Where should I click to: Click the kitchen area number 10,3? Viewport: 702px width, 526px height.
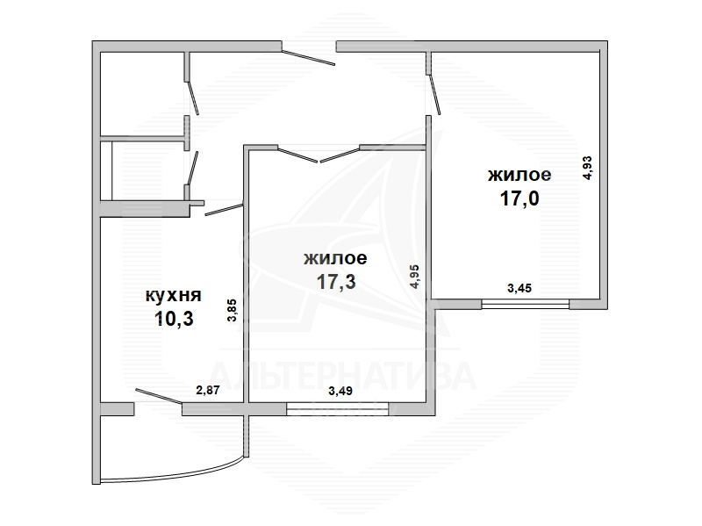[174, 319]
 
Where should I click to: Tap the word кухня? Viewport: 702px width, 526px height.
[173, 296]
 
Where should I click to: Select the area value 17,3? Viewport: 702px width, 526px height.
[336, 282]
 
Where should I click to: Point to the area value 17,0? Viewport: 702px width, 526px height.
[519, 198]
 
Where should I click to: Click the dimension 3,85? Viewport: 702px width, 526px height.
[232, 311]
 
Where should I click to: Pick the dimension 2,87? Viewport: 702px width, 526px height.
[208, 390]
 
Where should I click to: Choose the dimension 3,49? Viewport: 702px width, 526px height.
[340, 391]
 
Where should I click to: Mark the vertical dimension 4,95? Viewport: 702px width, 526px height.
[414, 277]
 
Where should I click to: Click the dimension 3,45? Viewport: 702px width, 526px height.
[519, 288]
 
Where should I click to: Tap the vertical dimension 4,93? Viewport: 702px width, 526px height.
[587, 168]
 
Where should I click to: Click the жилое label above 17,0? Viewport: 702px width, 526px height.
[519, 175]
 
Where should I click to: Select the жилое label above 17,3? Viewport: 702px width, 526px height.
[335, 258]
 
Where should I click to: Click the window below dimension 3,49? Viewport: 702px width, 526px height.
[338, 409]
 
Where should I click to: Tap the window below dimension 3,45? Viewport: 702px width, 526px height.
[525, 304]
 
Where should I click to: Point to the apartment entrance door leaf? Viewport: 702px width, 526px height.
[309, 58]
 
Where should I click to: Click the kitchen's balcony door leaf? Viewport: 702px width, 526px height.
[159, 397]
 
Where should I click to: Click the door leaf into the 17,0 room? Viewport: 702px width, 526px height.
[434, 94]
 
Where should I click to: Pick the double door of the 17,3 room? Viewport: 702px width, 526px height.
[319, 155]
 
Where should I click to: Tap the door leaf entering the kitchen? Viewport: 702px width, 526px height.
[225, 210]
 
